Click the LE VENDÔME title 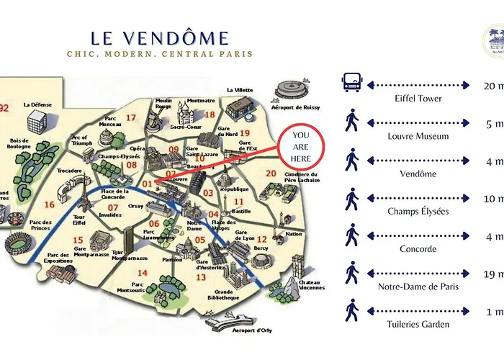(160, 37)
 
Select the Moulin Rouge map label (163, 104)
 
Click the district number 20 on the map (271, 173)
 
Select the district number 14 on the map (142, 273)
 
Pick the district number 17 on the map (131, 117)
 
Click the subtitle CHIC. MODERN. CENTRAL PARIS (160, 54)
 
